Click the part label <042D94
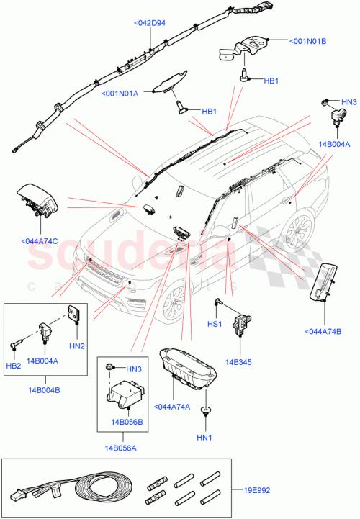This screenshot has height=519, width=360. (x=150, y=23)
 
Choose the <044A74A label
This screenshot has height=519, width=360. (x=173, y=407)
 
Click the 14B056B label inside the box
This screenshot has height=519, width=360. (x=127, y=421)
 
